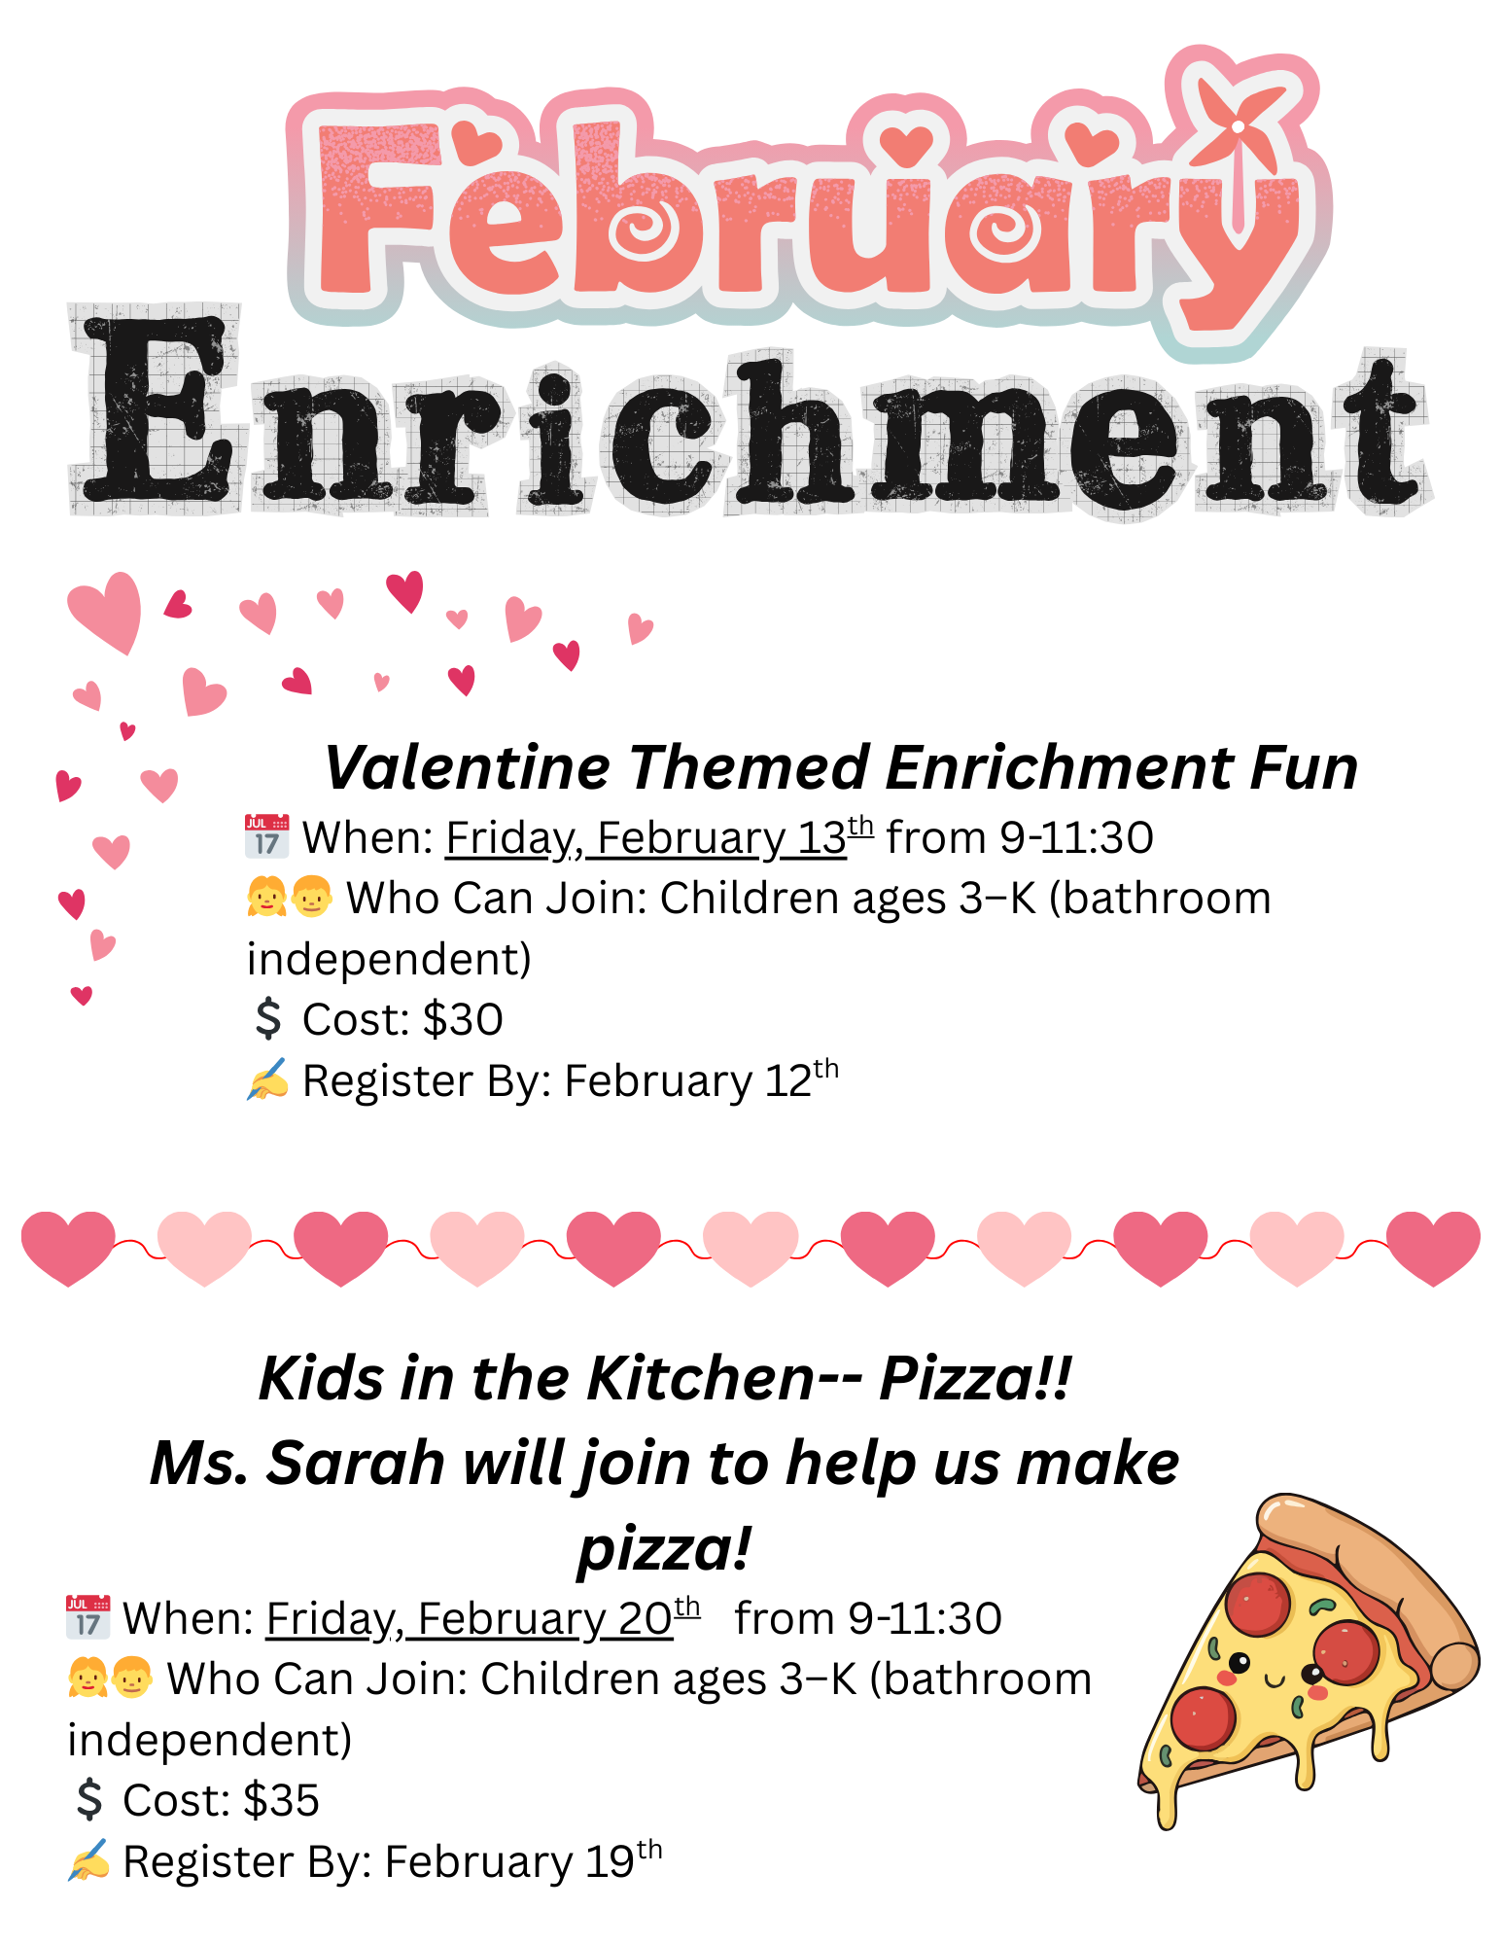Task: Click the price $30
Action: pyautogui.click(x=463, y=1019)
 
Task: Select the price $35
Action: pyautogui.click(x=281, y=1800)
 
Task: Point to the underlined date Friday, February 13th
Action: pyautogui.click(x=659, y=837)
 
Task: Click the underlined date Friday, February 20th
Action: pyautogui.click(x=482, y=1618)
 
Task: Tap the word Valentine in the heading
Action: pyautogui.click(x=467, y=767)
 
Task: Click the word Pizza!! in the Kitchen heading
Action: pyautogui.click(x=976, y=1378)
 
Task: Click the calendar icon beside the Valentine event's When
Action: pyautogui.click(x=266, y=836)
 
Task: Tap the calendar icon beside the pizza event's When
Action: pyautogui.click(x=87, y=1617)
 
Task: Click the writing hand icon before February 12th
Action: pyautogui.click(x=267, y=1079)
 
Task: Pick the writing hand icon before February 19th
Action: pyautogui.click(x=88, y=1860)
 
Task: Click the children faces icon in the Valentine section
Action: pyautogui.click(x=290, y=897)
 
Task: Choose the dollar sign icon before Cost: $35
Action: pyautogui.click(x=89, y=1800)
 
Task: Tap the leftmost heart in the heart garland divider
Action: pyautogui.click(x=68, y=1249)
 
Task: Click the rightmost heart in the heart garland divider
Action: pyautogui.click(x=1433, y=1249)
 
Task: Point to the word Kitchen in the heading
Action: pyautogui.click(x=699, y=1378)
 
